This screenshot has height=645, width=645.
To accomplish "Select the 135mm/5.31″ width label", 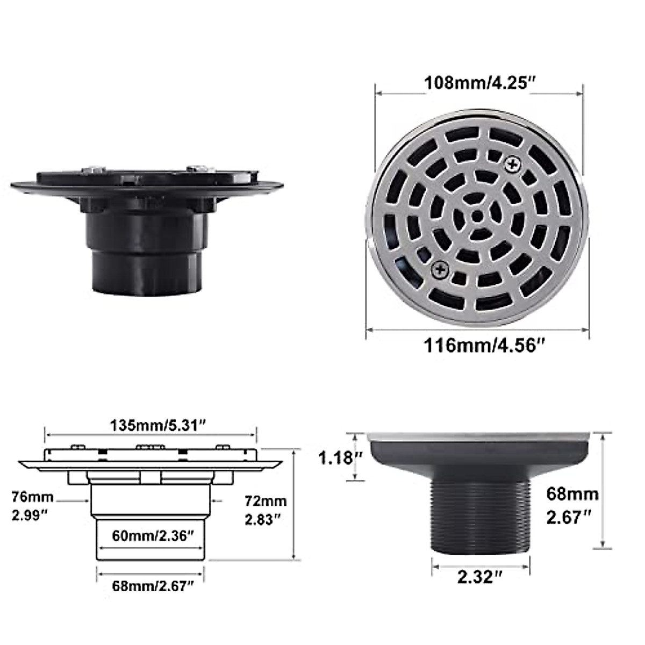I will click(x=159, y=425).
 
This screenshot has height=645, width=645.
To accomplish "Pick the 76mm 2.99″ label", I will click(x=33, y=505).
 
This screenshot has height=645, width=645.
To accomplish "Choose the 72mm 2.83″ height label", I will click(x=266, y=510).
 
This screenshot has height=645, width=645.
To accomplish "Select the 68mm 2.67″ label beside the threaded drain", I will click(x=572, y=505).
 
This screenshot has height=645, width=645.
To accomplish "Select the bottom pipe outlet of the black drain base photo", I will click(x=146, y=274).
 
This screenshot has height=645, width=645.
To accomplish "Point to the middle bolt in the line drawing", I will click(x=150, y=447).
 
